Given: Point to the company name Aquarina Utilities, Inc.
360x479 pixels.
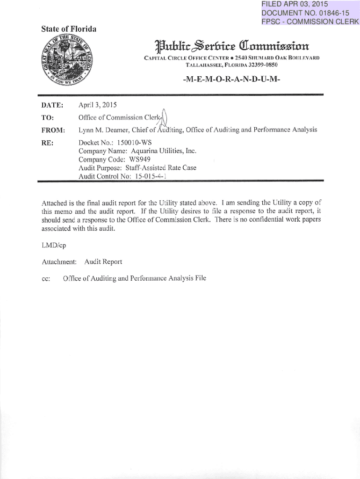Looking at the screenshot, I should (x=158, y=151).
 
